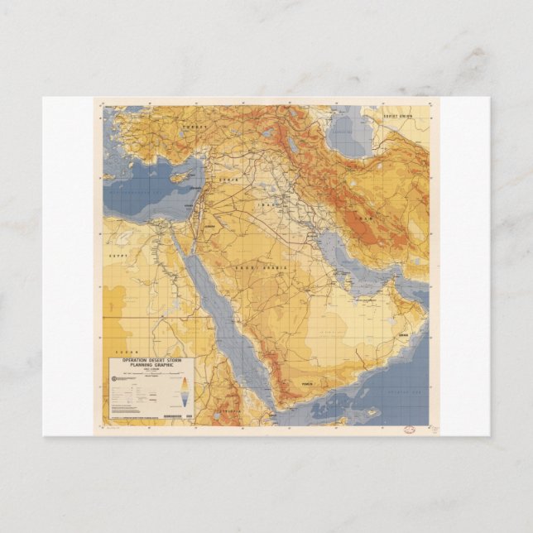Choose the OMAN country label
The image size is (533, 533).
(403, 334)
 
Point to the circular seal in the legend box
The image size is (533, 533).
(115, 379)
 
